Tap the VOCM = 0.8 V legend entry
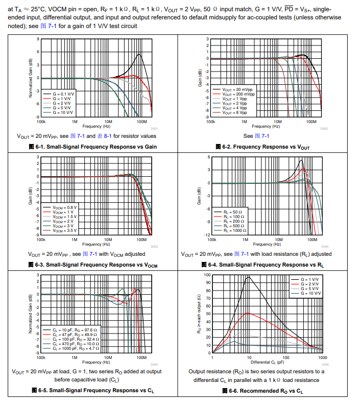[65, 207]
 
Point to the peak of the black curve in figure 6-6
[249, 277]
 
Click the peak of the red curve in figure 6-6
[249, 313]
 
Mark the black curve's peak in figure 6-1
[138, 55]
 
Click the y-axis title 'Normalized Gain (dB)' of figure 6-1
[31, 78]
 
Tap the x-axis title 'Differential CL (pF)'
[267, 362]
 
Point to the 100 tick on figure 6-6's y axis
[207, 275]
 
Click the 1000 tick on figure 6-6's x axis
[322, 357]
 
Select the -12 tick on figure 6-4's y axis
[207, 235]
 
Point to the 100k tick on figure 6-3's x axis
[41, 239]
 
